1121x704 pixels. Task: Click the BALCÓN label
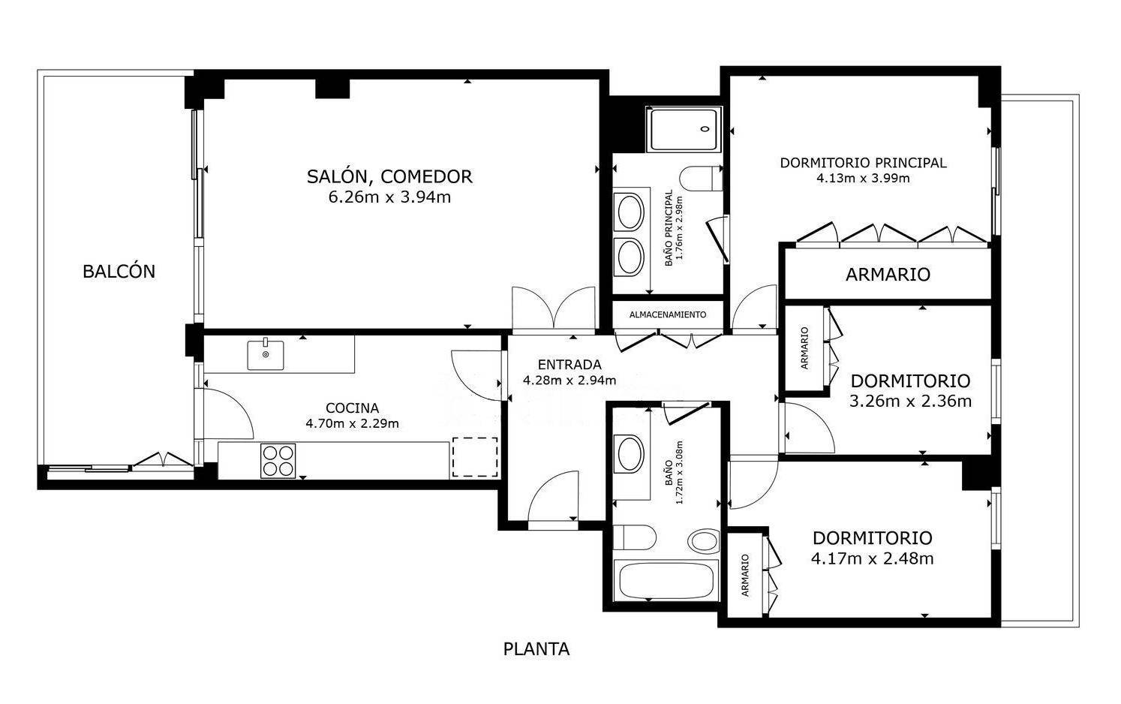[x=119, y=272]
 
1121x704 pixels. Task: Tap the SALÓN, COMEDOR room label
[x=389, y=177]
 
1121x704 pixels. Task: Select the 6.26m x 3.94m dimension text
[x=389, y=197]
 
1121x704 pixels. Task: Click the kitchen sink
[x=265, y=354]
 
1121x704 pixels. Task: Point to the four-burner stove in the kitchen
[x=278, y=461]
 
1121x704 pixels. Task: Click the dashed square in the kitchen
[x=475, y=457]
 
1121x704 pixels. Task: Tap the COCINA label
[x=353, y=408]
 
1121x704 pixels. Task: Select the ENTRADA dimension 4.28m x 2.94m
[x=570, y=381]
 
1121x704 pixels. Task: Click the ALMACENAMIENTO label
[x=668, y=314]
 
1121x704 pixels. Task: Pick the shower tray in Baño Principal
[x=684, y=129]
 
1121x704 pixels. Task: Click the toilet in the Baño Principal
[x=701, y=179]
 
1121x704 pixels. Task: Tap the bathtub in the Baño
[x=666, y=581]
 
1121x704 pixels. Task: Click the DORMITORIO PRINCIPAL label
[x=864, y=163]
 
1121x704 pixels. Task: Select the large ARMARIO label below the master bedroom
[x=888, y=275]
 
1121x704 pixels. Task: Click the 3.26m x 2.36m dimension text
[x=910, y=401]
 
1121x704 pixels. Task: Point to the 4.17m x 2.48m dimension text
[x=873, y=558]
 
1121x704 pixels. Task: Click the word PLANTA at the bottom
[x=536, y=649]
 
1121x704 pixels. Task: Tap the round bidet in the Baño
[x=704, y=541]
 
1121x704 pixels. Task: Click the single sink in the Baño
[x=630, y=454]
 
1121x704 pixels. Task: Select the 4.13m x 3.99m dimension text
[x=864, y=179]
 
